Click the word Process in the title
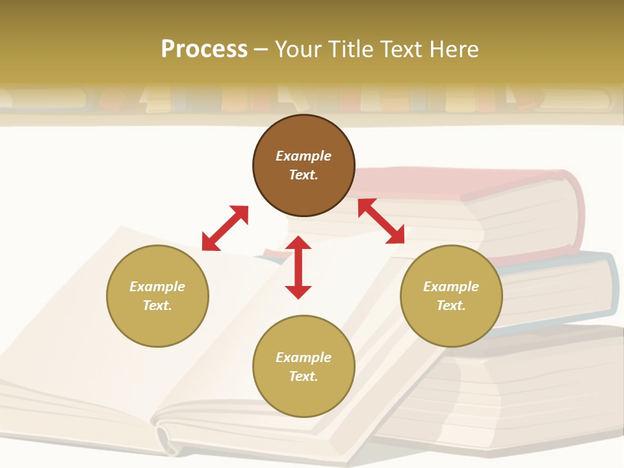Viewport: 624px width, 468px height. [x=204, y=49]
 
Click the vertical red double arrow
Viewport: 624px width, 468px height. [x=298, y=267]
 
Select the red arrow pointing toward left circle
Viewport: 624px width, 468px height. [x=225, y=228]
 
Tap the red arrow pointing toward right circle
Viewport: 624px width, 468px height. [x=382, y=221]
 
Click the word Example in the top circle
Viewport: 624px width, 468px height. [x=304, y=156]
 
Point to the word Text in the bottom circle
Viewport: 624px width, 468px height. [x=304, y=376]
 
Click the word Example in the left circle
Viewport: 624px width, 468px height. [x=157, y=287]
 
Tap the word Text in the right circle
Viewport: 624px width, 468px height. [x=451, y=305]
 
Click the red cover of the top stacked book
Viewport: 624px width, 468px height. [x=455, y=179]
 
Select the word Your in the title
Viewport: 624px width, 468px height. [x=300, y=49]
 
